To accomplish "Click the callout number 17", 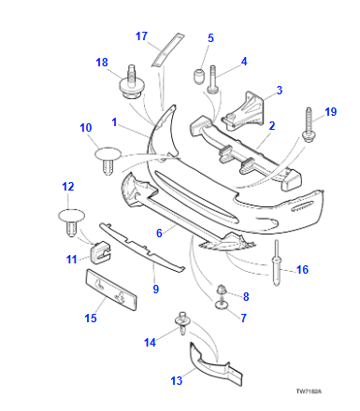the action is [141, 36].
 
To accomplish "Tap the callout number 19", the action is [331, 112].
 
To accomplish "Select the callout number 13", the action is [177, 380].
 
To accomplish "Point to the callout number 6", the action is [159, 233].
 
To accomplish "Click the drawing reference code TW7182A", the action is [309, 391].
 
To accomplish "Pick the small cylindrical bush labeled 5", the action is [198, 77].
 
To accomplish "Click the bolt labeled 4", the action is [213, 79].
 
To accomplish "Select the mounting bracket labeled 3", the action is [243, 112].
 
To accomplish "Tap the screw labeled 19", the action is [309, 125].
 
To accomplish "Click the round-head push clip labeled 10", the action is [108, 161].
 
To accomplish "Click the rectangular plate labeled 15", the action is [111, 290].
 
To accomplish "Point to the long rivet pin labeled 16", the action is [277, 263].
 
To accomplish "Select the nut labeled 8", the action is [221, 290].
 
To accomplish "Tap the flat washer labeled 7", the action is [221, 305].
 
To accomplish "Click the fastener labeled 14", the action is [182, 323].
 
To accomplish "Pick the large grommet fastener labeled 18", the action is [132, 82].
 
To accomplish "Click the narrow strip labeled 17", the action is [167, 50].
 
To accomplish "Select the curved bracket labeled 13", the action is [215, 365].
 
